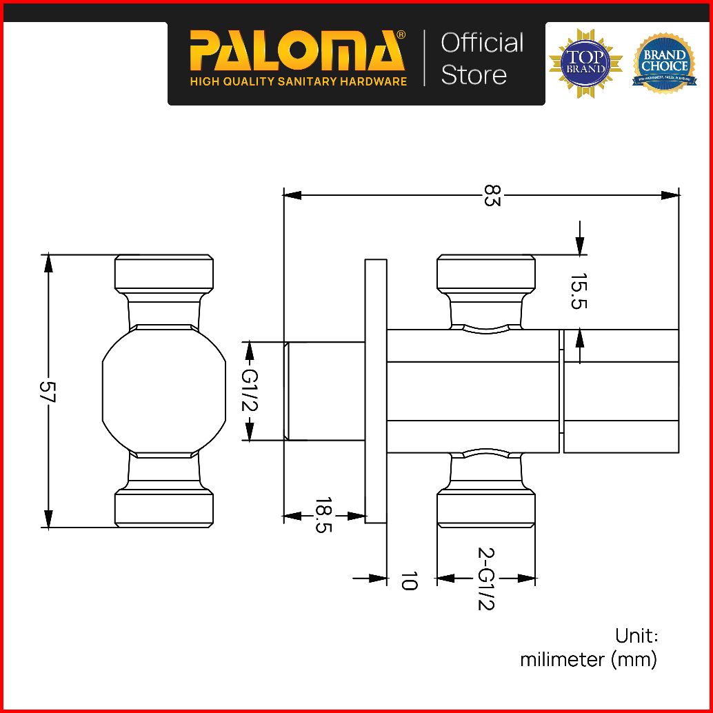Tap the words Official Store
[x=482, y=59]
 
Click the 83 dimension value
[x=491, y=195]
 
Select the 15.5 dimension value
[x=578, y=292]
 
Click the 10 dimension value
[x=409, y=580]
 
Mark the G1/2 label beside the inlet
[x=250, y=390]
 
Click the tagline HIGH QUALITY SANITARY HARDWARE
[x=299, y=81]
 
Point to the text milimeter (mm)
[x=588, y=660]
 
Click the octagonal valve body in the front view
[x=164, y=390]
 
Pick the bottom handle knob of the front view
[x=163, y=509]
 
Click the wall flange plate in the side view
[x=376, y=391]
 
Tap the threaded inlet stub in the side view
[x=325, y=391]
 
